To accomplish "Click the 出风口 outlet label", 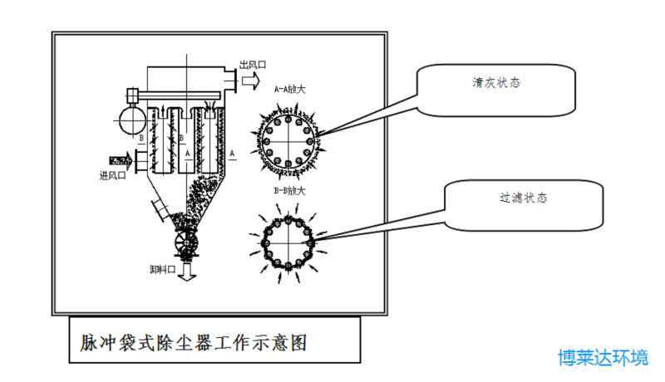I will click(252, 65).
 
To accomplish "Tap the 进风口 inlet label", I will click(111, 174).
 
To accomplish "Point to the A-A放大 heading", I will click(290, 86).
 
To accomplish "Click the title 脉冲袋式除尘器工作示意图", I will click(195, 341).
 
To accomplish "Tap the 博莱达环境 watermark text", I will click(603, 358).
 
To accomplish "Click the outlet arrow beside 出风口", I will click(249, 79).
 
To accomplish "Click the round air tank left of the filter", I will click(131, 120).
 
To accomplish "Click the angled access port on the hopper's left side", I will click(160, 207).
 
